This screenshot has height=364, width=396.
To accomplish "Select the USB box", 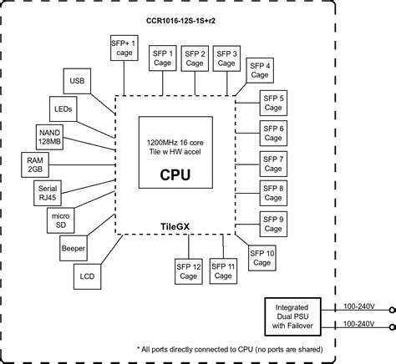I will (78, 82).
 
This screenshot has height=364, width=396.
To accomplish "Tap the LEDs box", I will (63, 109).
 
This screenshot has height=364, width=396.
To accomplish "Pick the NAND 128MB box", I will (48, 135).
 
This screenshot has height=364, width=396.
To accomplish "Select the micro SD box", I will (58, 221).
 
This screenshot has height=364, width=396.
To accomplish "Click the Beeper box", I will (74, 248).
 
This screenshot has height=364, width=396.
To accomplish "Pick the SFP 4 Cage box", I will (262, 72).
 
